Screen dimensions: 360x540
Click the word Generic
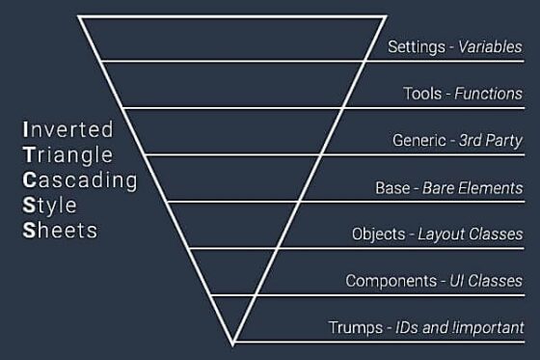click(x=418, y=140)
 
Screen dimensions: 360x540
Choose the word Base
click(x=392, y=187)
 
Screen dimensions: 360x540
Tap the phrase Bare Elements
click(x=472, y=187)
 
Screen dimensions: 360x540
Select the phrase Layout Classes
click(x=472, y=234)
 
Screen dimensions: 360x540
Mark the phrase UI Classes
click(x=487, y=281)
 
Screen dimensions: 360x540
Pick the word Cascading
click(x=79, y=180)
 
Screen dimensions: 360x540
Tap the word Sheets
click(x=59, y=231)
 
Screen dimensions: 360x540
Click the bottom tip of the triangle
click(x=233, y=343)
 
